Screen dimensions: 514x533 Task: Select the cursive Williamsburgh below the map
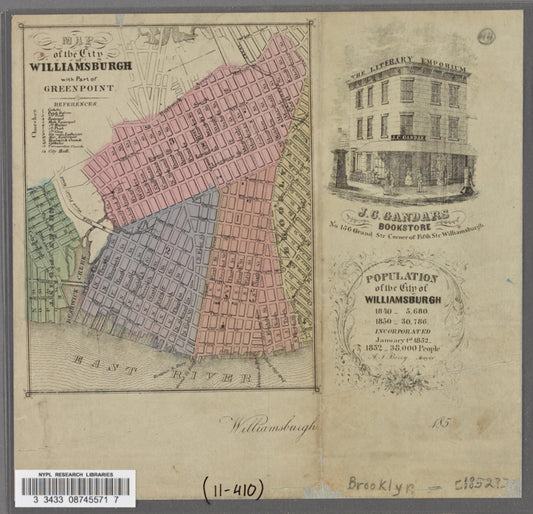click(x=270, y=425)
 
